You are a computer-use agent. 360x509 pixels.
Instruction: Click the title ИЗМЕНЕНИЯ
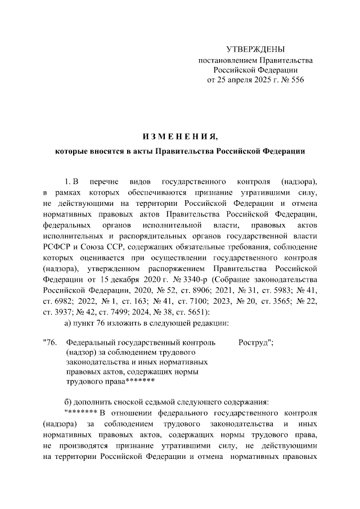point(179,137)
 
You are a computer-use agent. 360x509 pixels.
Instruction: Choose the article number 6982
point(66,300)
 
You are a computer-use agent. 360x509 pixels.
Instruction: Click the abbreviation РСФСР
point(59,249)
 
